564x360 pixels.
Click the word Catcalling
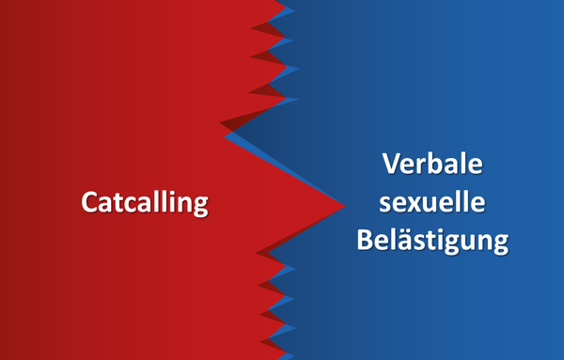144,203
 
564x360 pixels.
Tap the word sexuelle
432,203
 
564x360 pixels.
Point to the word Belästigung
432,241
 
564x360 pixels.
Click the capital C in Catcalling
90,203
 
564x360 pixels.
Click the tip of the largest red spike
345,203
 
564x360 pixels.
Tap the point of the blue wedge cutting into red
225,134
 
